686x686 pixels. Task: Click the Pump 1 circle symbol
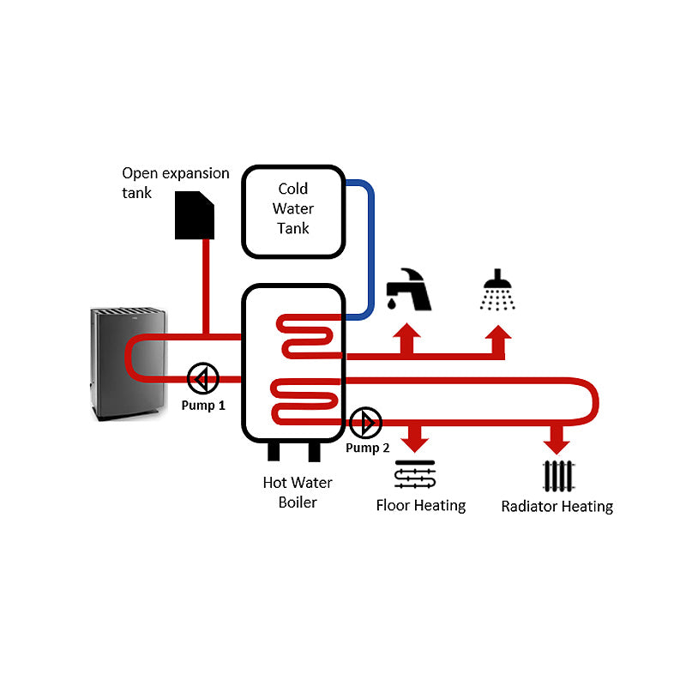click(x=203, y=377)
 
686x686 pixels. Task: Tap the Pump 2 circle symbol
click(x=366, y=422)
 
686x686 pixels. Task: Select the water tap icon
click(x=408, y=290)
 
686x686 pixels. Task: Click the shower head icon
click(x=498, y=290)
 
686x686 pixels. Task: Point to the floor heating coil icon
click(x=416, y=475)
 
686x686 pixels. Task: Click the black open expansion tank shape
click(x=195, y=215)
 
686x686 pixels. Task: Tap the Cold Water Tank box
click(x=292, y=209)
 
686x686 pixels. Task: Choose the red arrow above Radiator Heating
click(x=558, y=438)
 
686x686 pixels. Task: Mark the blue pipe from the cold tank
click(x=371, y=249)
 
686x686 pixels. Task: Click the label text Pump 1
click(x=203, y=405)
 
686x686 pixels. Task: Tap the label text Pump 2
click(x=368, y=448)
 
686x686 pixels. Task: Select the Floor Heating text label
click(x=421, y=505)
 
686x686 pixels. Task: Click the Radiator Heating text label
click(x=557, y=506)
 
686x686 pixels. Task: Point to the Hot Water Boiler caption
click(x=298, y=492)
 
